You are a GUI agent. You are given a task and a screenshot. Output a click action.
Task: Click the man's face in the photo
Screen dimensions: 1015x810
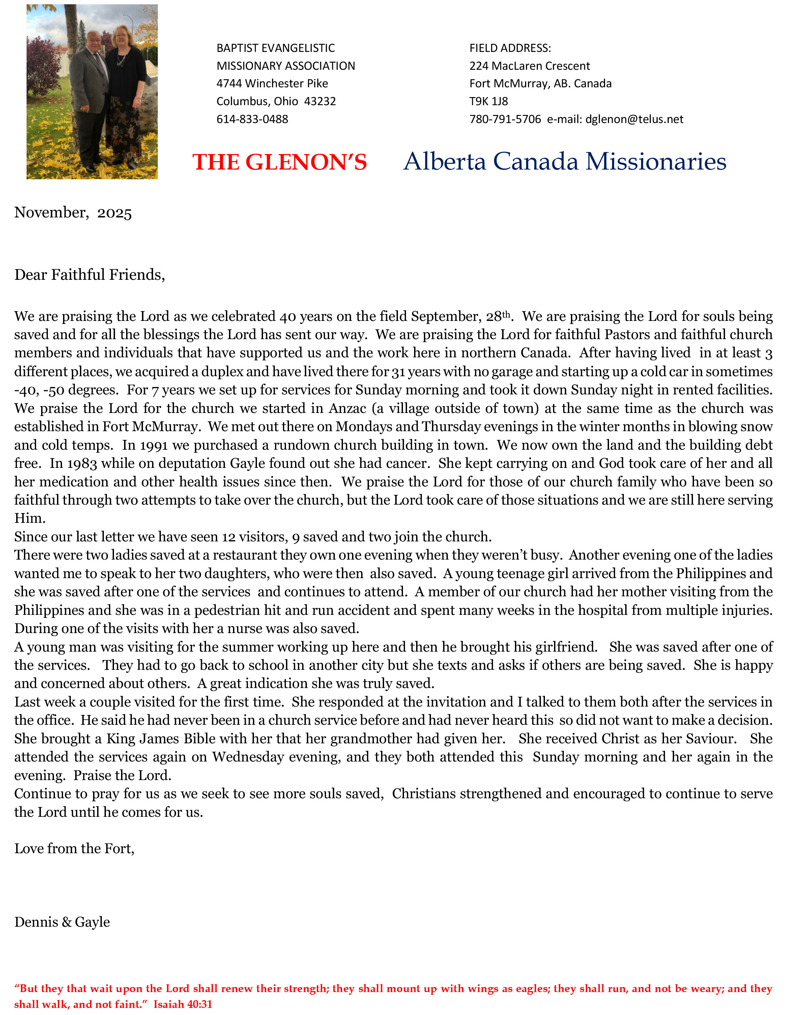pyautogui.click(x=93, y=43)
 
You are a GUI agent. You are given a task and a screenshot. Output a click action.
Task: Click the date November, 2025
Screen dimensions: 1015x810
pyautogui.click(x=73, y=213)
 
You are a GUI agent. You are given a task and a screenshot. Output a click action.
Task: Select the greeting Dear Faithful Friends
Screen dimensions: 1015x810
pyautogui.click(x=89, y=274)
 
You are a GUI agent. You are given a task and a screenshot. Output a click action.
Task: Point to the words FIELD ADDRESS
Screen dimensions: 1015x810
pyautogui.click(x=510, y=48)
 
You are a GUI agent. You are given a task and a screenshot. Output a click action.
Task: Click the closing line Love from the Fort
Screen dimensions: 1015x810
pyautogui.click(x=75, y=848)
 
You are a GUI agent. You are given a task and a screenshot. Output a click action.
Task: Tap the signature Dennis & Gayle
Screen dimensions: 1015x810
pyautogui.click(x=62, y=922)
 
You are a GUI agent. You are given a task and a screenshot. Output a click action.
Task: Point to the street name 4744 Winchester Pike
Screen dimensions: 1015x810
pyautogui.click(x=272, y=83)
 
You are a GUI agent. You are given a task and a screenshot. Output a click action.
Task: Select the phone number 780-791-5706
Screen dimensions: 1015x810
pyautogui.click(x=505, y=119)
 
